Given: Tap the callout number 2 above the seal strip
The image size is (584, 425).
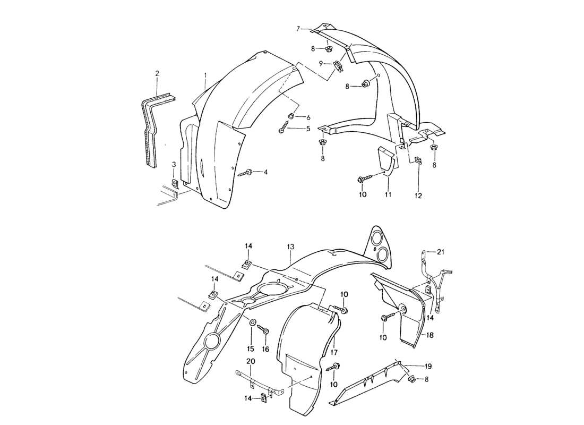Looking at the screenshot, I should (157, 73).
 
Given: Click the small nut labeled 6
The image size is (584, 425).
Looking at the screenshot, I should (291, 116).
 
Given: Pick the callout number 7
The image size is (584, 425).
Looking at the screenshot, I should (298, 28).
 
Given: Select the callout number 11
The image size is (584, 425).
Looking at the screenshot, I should (388, 195).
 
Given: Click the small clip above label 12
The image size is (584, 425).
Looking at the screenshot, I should (417, 160).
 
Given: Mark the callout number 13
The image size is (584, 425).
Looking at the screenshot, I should (290, 247).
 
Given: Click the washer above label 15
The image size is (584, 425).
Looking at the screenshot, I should (252, 322).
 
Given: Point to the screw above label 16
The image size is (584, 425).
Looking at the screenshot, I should (264, 330).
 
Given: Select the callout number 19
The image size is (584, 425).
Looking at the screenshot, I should (428, 366).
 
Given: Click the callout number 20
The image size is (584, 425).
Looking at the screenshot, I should (251, 361).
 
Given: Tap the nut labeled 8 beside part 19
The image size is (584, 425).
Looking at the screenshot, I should (411, 379).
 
